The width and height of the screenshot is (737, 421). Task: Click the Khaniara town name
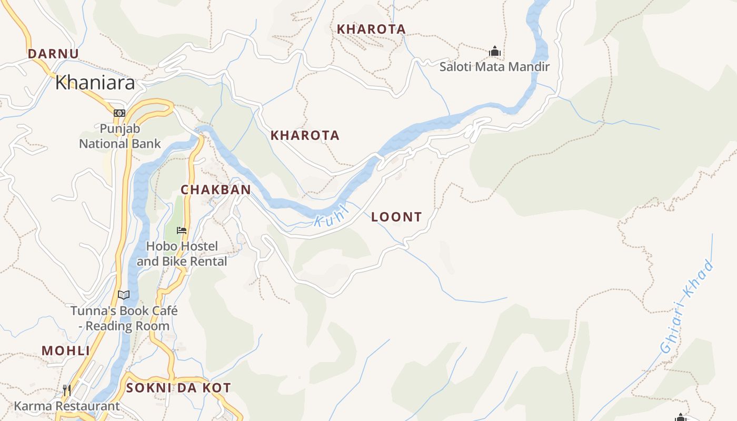click(x=95, y=83)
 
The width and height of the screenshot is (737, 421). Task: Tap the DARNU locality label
click(x=53, y=54)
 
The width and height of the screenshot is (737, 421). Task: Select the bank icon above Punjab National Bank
click(x=119, y=113)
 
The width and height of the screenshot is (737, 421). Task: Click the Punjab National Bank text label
click(x=120, y=136)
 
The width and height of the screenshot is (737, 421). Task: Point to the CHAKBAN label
click(x=215, y=189)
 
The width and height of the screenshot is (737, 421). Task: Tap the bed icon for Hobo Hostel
click(x=182, y=230)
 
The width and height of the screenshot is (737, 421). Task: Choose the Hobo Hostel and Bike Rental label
click(x=182, y=254)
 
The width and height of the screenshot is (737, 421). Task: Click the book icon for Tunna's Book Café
click(x=124, y=295)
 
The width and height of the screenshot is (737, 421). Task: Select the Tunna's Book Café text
click(x=124, y=318)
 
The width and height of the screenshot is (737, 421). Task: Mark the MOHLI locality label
click(x=65, y=350)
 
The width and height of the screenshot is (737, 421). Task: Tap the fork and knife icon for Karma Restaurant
click(x=67, y=390)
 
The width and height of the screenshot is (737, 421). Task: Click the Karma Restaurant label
click(x=67, y=406)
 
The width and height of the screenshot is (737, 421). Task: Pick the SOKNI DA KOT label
click(x=178, y=388)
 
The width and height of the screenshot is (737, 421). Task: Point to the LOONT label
click(x=396, y=217)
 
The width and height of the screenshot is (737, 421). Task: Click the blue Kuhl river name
click(x=332, y=217)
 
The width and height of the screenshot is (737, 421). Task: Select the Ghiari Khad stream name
click(x=688, y=307)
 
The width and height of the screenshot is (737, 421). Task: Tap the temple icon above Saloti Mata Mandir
click(x=494, y=52)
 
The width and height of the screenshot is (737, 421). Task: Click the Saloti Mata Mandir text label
click(x=494, y=67)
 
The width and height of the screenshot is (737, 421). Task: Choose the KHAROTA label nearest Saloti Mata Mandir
click(x=371, y=29)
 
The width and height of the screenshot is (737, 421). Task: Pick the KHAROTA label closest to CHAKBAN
click(x=305, y=135)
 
